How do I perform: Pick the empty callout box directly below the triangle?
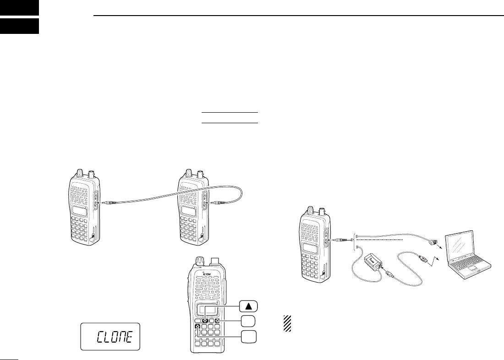click(x=247, y=321)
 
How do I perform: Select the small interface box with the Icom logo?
click(x=373, y=264)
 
